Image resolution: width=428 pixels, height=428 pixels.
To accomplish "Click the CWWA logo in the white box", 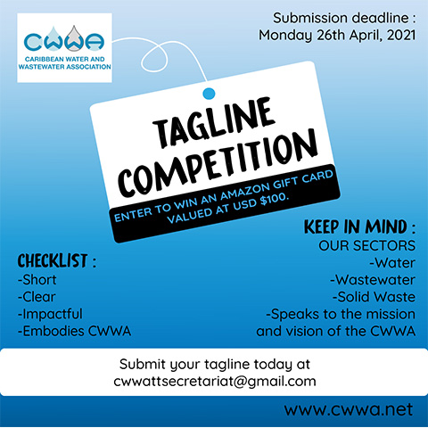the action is tap(64, 47).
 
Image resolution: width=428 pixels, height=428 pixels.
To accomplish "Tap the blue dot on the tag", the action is tap(209, 94).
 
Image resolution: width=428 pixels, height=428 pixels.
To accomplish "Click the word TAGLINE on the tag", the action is tap(213, 123).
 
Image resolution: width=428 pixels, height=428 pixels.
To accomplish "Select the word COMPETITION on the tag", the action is tap(218, 164).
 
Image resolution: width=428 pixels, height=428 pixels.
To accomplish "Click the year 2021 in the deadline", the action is tap(401, 35).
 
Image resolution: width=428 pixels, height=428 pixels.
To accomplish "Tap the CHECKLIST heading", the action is tap(53, 260).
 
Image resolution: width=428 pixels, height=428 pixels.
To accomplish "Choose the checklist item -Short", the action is tap(37, 280).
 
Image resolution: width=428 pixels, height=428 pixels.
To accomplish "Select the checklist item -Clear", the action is tap(37, 297).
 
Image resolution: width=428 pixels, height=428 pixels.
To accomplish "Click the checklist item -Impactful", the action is tap(50, 314).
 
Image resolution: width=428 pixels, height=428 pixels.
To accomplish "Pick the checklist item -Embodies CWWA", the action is tap(74, 331).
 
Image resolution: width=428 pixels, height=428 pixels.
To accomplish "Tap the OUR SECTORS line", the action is tap(366, 245).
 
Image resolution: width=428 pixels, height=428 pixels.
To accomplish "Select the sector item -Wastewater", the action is tap(373, 280).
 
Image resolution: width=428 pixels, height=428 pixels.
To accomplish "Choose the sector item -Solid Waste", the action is tap(374, 297).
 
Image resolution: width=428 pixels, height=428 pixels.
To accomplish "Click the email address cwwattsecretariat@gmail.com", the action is tap(215, 382).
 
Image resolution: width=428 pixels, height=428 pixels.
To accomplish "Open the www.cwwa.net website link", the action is tap(349, 409).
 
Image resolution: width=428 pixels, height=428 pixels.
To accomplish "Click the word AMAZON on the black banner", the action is tap(245, 189).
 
